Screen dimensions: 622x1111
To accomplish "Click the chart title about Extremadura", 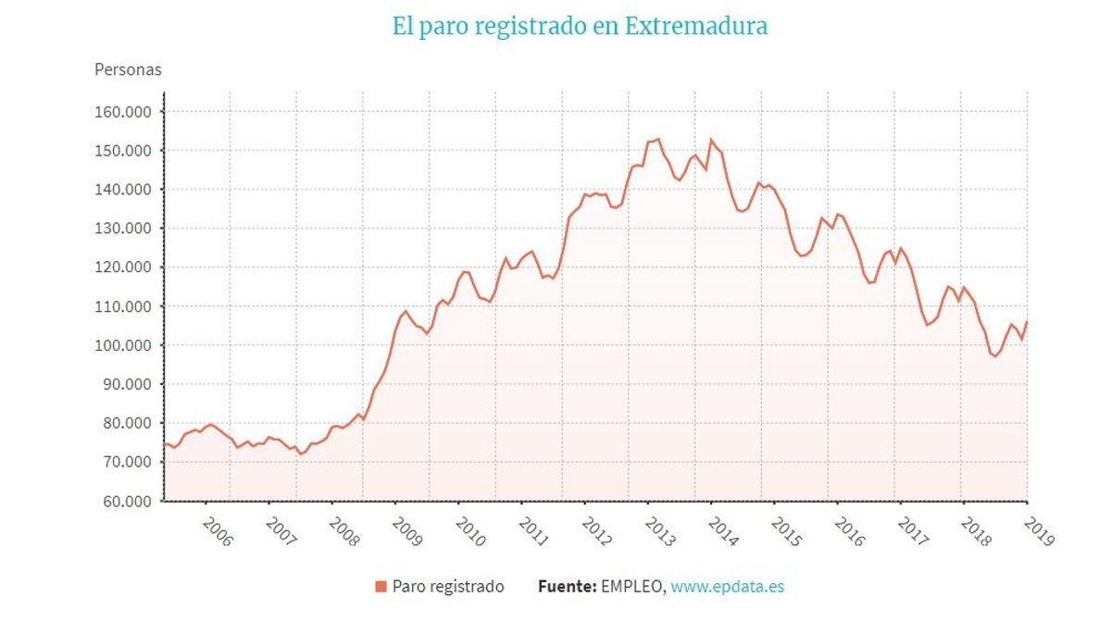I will (580, 26).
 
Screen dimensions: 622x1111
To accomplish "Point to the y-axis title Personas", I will (128, 69).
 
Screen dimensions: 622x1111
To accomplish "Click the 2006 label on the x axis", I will (217, 532).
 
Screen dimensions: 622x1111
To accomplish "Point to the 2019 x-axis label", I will (1038, 532).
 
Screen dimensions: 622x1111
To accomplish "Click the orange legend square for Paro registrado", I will (381, 586).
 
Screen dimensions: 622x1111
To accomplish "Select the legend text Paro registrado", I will (448, 586).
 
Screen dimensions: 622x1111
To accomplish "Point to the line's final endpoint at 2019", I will (1027, 322).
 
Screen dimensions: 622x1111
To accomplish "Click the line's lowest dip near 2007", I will (300, 454).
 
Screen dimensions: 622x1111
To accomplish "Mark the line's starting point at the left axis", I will (165, 444).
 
